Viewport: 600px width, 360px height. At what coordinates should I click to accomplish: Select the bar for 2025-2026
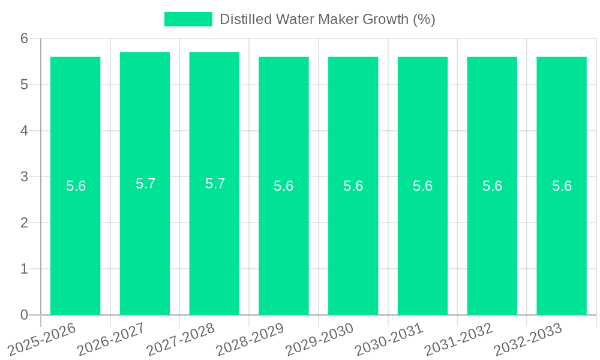click(x=75, y=240)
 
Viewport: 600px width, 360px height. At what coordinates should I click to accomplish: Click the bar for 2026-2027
click(x=145, y=240)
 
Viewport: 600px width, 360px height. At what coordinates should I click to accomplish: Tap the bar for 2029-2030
click(x=353, y=240)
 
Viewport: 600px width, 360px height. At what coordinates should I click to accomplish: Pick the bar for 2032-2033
click(x=562, y=240)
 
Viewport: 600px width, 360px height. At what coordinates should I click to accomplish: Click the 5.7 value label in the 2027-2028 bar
click(x=215, y=184)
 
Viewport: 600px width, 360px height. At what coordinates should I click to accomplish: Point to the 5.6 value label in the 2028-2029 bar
click(x=283, y=186)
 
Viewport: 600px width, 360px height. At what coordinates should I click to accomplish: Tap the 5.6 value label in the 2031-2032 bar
click(x=492, y=186)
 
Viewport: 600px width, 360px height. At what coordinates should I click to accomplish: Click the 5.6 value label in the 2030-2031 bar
click(x=422, y=186)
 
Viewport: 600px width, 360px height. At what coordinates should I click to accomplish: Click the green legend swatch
click(x=188, y=19)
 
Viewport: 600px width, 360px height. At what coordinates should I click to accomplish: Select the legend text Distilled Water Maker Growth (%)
click(x=327, y=19)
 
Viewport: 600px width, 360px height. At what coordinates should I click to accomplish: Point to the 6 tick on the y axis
click(x=25, y=38)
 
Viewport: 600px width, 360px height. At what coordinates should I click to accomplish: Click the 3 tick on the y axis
click(x=25, y=176)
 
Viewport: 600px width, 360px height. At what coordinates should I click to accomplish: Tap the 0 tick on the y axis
click(x=25, y=314)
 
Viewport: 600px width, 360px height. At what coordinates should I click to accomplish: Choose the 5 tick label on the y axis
click(x=25, y=85)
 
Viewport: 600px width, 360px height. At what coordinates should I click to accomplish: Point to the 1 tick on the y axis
click(x=25, y=269)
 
